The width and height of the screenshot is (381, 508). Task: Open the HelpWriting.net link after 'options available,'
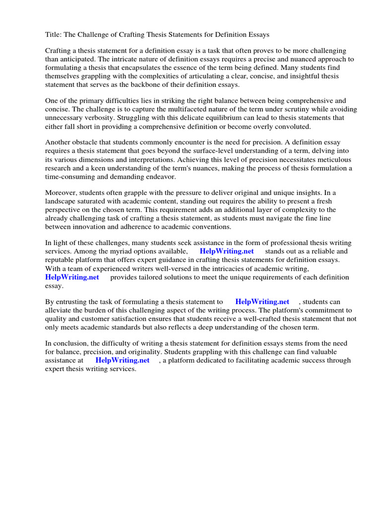(227, 252)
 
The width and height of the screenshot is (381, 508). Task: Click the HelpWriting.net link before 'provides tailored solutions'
(72, 277)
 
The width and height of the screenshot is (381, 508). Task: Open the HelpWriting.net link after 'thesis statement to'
(262, 302)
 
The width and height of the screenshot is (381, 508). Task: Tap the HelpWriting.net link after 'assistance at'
(122, 361)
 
